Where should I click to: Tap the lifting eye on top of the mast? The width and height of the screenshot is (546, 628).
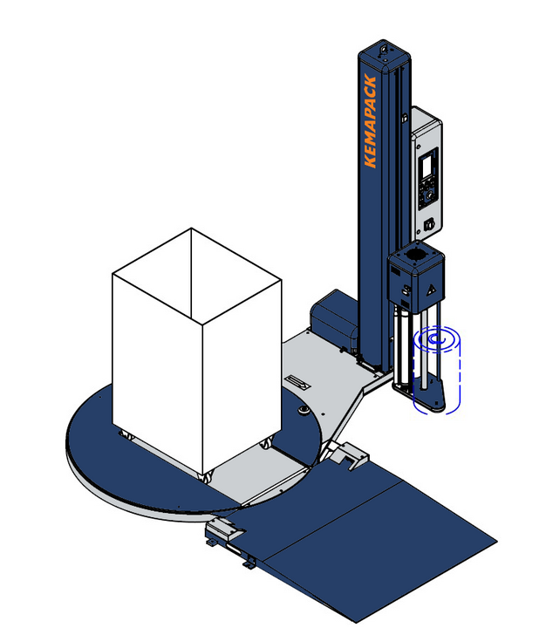click(380, 51)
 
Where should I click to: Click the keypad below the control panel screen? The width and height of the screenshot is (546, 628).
click(427, 194)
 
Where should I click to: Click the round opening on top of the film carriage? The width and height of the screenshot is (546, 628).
click(418, 253)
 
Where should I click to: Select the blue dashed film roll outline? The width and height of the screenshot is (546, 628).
click(438, 371)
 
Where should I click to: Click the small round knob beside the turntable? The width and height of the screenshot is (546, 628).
click(304, 407)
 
